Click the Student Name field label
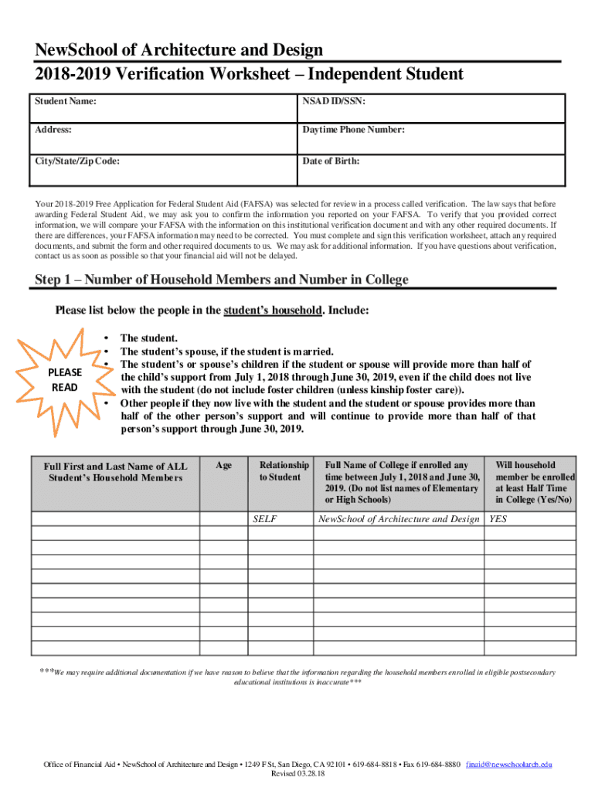[65, 100]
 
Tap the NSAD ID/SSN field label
[334, 100]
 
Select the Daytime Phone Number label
[353, 130]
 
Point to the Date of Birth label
[330, 161]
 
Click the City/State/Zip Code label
[76, 161]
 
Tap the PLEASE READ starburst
[65, 379]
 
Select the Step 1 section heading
[222, 279]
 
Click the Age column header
[224, 465]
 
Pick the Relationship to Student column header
[284, 471]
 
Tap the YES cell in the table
[498, 519]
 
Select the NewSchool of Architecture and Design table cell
[399, 519]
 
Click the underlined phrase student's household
[272, 311]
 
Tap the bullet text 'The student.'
[149, 338]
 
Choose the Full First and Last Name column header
[115, 471]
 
